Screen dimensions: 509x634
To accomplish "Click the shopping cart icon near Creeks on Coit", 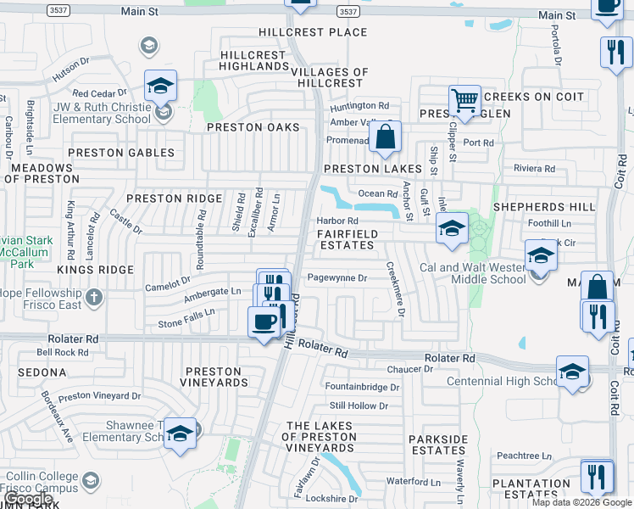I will pos(464,101).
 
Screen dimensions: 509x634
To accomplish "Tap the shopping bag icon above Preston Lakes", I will pos(385,137).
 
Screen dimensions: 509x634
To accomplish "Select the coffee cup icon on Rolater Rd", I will pos(264,322).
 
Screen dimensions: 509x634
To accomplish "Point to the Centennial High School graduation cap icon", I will pos(573,372).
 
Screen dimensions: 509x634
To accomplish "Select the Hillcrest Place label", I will pos(314,32).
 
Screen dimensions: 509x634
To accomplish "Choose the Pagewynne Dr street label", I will pos(336,277).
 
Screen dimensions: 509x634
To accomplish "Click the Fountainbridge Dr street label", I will pos(362,387).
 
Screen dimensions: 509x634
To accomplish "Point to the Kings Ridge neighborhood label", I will pos(96,270).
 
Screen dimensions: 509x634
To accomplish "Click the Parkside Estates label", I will pos(437,445).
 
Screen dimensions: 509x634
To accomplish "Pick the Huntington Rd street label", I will pos(359,105).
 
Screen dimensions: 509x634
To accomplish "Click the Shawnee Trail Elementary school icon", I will pos(179,433).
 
